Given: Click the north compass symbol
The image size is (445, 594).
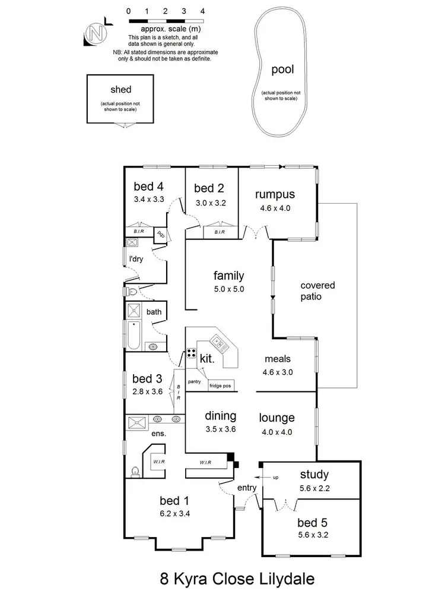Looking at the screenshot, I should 96,34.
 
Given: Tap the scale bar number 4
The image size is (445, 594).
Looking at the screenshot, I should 203,11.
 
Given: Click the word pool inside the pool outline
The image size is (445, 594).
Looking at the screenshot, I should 282,70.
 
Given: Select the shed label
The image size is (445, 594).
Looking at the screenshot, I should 120,90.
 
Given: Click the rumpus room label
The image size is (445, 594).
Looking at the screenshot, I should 275,194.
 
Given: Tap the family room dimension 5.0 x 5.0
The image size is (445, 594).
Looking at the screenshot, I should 229,289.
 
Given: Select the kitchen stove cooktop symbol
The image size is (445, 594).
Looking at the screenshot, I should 192,353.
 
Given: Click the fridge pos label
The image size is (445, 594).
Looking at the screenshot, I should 220,386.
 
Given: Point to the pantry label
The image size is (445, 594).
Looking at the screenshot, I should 194,382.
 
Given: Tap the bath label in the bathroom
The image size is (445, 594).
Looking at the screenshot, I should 154,311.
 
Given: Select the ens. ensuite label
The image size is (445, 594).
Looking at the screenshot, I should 158,433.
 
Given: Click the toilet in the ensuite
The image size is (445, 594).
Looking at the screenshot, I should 135,472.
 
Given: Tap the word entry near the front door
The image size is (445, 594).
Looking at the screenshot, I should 247,488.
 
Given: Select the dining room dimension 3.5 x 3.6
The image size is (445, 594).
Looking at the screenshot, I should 220,429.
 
